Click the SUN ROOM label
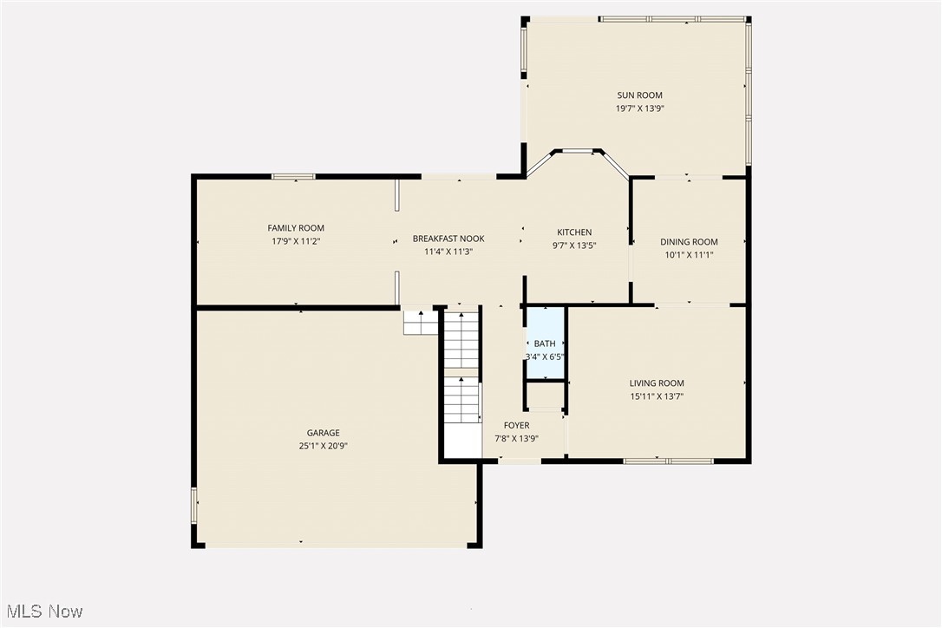point(639,95)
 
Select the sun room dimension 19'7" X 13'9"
point(639,108)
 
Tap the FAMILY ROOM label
point(296,228)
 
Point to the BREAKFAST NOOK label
point(448,239)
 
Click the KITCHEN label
point(574,232)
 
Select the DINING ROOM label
point(689,242)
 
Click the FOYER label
point(517,425)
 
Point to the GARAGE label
point(323,433)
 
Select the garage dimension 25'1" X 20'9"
point(323,446)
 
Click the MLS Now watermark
point(42,612)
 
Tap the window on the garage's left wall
point(194,506)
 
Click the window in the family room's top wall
point(293,177)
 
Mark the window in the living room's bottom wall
point(668,461)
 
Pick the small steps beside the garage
point(420,323)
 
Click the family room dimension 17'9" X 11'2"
point(297,241)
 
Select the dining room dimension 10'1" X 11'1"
point(689,255)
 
